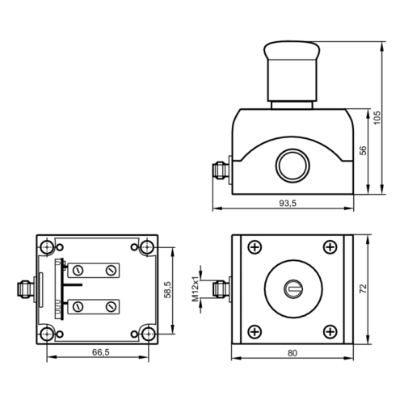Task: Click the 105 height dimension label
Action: coord(376,118)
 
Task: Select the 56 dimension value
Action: coord(363,150)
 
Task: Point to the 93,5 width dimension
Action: coord(288,204)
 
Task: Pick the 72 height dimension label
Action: coord(364,288)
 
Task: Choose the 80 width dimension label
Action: coord(292,353)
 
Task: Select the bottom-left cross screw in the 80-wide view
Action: coord(255,330)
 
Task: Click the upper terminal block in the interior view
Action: coord(95,269)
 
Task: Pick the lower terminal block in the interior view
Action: coord(95,306)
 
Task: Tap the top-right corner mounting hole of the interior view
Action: coord(146,246)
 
